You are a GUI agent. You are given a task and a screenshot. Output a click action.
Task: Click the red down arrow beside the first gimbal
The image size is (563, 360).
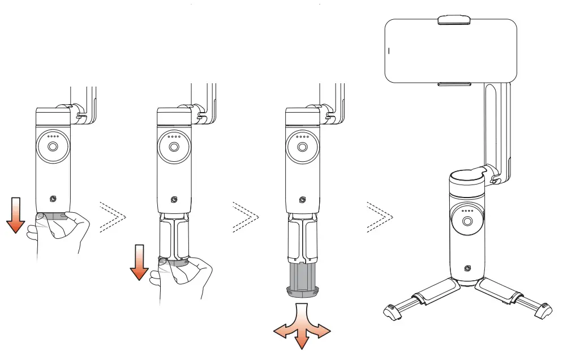pos(16,216)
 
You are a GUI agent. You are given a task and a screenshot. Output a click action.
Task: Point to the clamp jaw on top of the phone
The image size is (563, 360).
pos(454,20)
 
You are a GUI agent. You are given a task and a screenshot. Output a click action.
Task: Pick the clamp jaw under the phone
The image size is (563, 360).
pos(454,84)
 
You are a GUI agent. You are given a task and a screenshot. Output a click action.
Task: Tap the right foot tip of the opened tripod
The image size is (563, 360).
pos(543,310)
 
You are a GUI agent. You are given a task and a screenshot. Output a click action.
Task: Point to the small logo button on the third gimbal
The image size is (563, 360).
pos(303,199)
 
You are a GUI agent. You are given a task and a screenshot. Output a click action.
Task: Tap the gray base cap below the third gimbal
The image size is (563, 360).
pos(302,292)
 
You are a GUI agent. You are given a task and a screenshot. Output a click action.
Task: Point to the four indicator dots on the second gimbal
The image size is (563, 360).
pos(174,136)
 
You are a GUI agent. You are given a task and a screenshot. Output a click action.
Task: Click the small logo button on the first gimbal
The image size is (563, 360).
pos(53,199)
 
